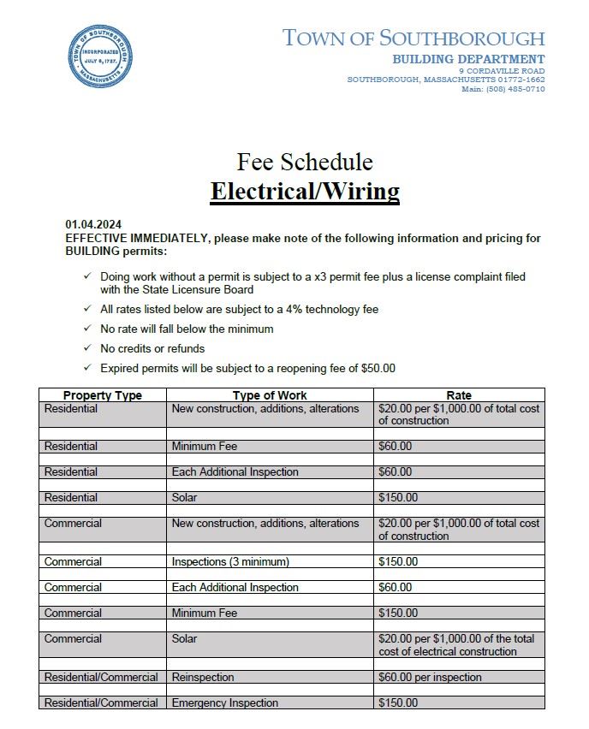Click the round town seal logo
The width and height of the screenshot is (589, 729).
pos(101,56)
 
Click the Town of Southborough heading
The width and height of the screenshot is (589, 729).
pos(413,38)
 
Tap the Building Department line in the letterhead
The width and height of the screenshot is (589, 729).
pos(468,59)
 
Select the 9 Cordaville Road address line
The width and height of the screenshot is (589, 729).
pos(501,70)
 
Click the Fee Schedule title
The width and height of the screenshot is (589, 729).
pos(305,161)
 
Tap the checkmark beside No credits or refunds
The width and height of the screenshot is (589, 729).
pos(87,348)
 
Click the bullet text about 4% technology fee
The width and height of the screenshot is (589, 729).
pos(239,309)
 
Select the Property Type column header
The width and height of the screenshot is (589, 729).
pos(103,395)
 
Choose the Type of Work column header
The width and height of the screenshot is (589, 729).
pos(270,395)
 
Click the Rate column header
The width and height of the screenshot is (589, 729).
pos(459,395)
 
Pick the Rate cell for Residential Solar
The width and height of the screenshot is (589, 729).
pos(459,497)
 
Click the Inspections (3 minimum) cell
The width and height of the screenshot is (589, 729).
pos(230,561)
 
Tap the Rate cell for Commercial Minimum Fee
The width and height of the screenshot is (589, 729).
pos(459,613)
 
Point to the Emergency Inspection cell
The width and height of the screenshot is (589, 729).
pos(225,702)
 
